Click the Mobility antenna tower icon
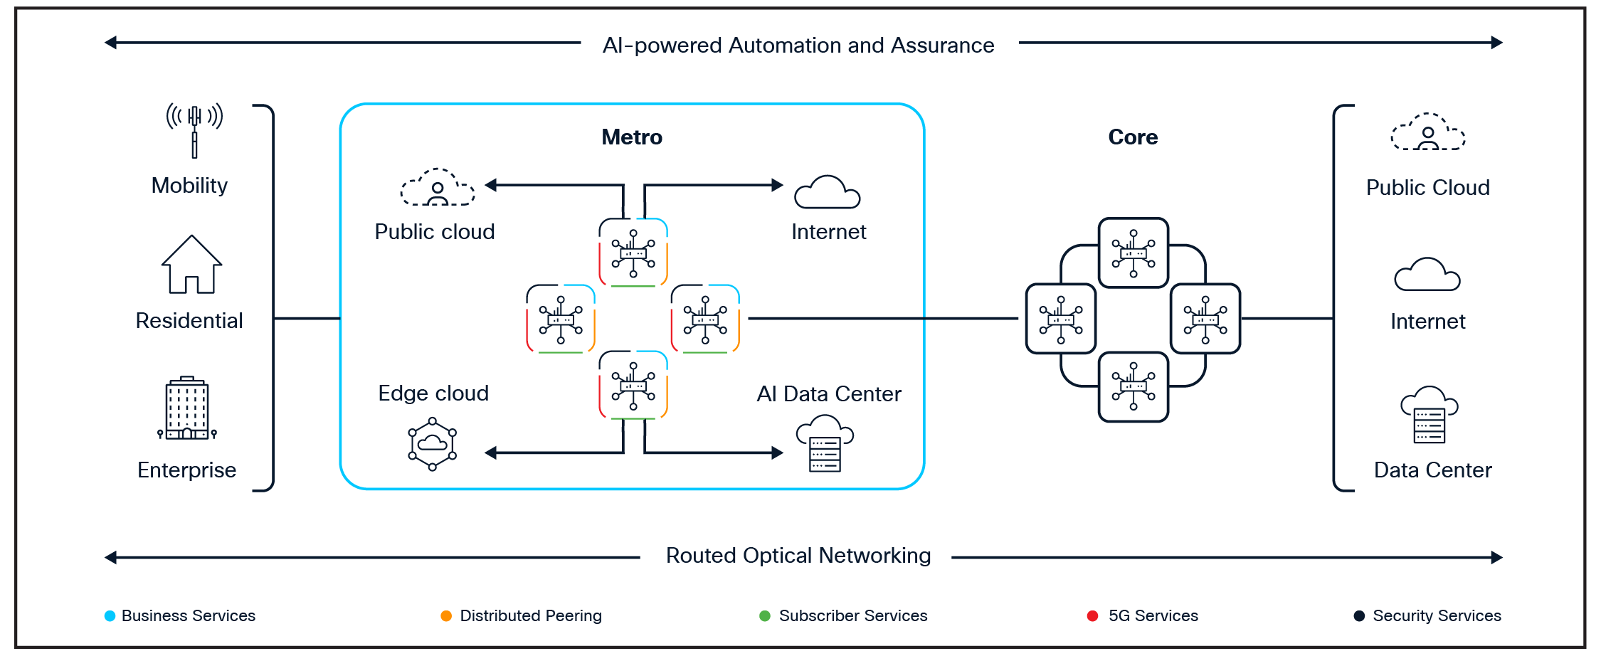(194, 129)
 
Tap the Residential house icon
(191, 265)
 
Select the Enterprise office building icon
(187, 408)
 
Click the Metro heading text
(632, 137)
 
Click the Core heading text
(1133, 137)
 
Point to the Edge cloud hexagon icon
(432, 444)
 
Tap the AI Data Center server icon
(825, 444)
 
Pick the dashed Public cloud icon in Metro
(438, 188)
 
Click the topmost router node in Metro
(633, 253)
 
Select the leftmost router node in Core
(1061, 319)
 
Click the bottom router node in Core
(1134, 386)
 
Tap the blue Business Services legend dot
(110, 616)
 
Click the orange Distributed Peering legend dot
(446, 616)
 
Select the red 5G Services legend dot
(1093, 616)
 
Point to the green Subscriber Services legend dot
(765, 616)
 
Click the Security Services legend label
(1437, 616)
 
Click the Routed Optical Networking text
(798, 556)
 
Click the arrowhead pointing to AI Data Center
(778, 453)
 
